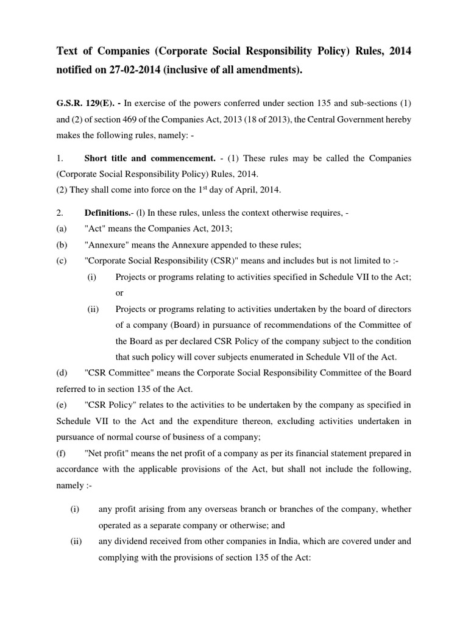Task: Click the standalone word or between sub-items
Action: click(119, 293)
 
